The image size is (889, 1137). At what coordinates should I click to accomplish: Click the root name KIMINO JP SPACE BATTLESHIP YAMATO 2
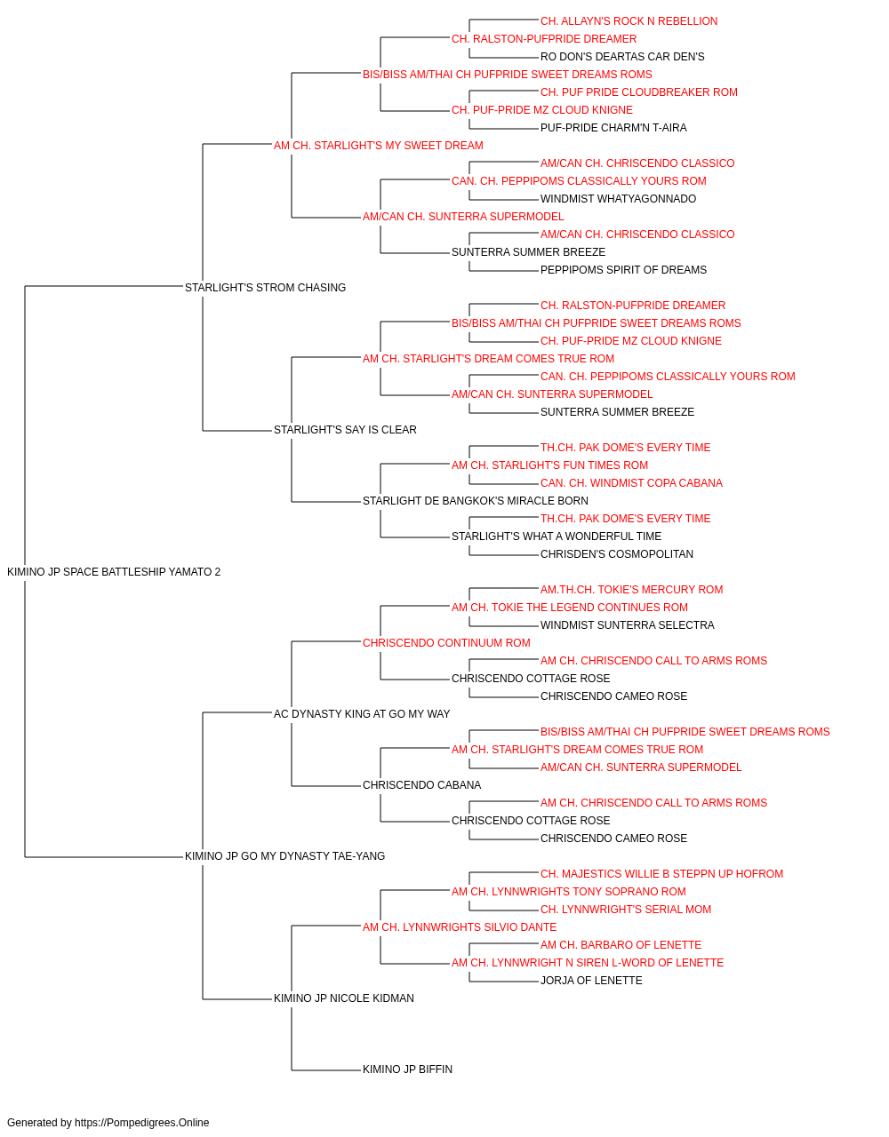pos(114,572)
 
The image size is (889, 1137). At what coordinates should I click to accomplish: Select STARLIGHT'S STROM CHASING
pos(265,287)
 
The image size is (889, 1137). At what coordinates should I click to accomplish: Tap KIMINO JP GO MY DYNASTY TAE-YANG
pos(284,856)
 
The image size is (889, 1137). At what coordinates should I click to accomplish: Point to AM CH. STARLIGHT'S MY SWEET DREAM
pos(378,146)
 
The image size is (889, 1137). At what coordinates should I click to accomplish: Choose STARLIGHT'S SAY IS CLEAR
pos(345,430)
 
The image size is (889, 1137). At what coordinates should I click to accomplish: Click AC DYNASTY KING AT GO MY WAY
pos(361,713)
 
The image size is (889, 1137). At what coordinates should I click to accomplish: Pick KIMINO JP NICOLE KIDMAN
pos(343,998)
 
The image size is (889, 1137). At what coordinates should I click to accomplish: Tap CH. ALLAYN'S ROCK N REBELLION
pos(629,21)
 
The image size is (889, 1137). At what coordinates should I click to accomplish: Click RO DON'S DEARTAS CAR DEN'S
pos(622,57)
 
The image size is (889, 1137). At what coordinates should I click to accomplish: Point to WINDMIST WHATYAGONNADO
pos(618,199)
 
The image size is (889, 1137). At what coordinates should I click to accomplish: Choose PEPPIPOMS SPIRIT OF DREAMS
pos(623,270)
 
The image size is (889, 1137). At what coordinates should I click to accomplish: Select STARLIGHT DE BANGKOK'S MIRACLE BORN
pos(476,501)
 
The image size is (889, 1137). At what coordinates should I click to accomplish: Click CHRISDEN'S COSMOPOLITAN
pos(617,554)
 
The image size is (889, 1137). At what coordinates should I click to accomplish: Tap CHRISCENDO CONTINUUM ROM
pos(446,642)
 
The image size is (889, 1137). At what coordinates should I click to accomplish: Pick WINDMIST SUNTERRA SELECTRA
pos(628,624)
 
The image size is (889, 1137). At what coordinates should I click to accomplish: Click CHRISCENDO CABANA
pos(421,785)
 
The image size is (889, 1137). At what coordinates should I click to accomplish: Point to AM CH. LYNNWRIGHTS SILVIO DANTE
pos(459,927)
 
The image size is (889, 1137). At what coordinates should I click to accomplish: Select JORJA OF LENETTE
pos(591,981)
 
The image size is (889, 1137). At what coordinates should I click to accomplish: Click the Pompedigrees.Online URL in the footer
pos(141,1123)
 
